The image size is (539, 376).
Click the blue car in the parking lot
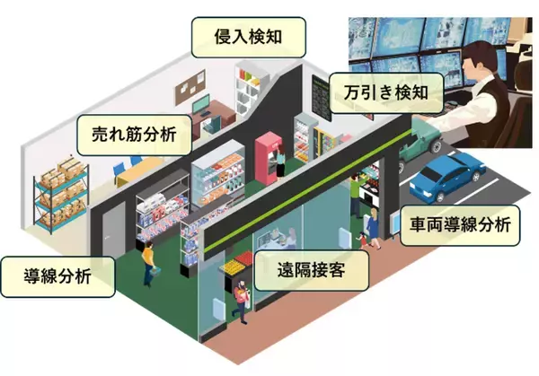(x=448, y=178)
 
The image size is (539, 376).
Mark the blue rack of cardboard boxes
(x=59, y=193)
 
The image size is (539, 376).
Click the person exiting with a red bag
(x=241, y=301)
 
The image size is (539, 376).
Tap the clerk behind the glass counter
(x=289, y=239)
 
